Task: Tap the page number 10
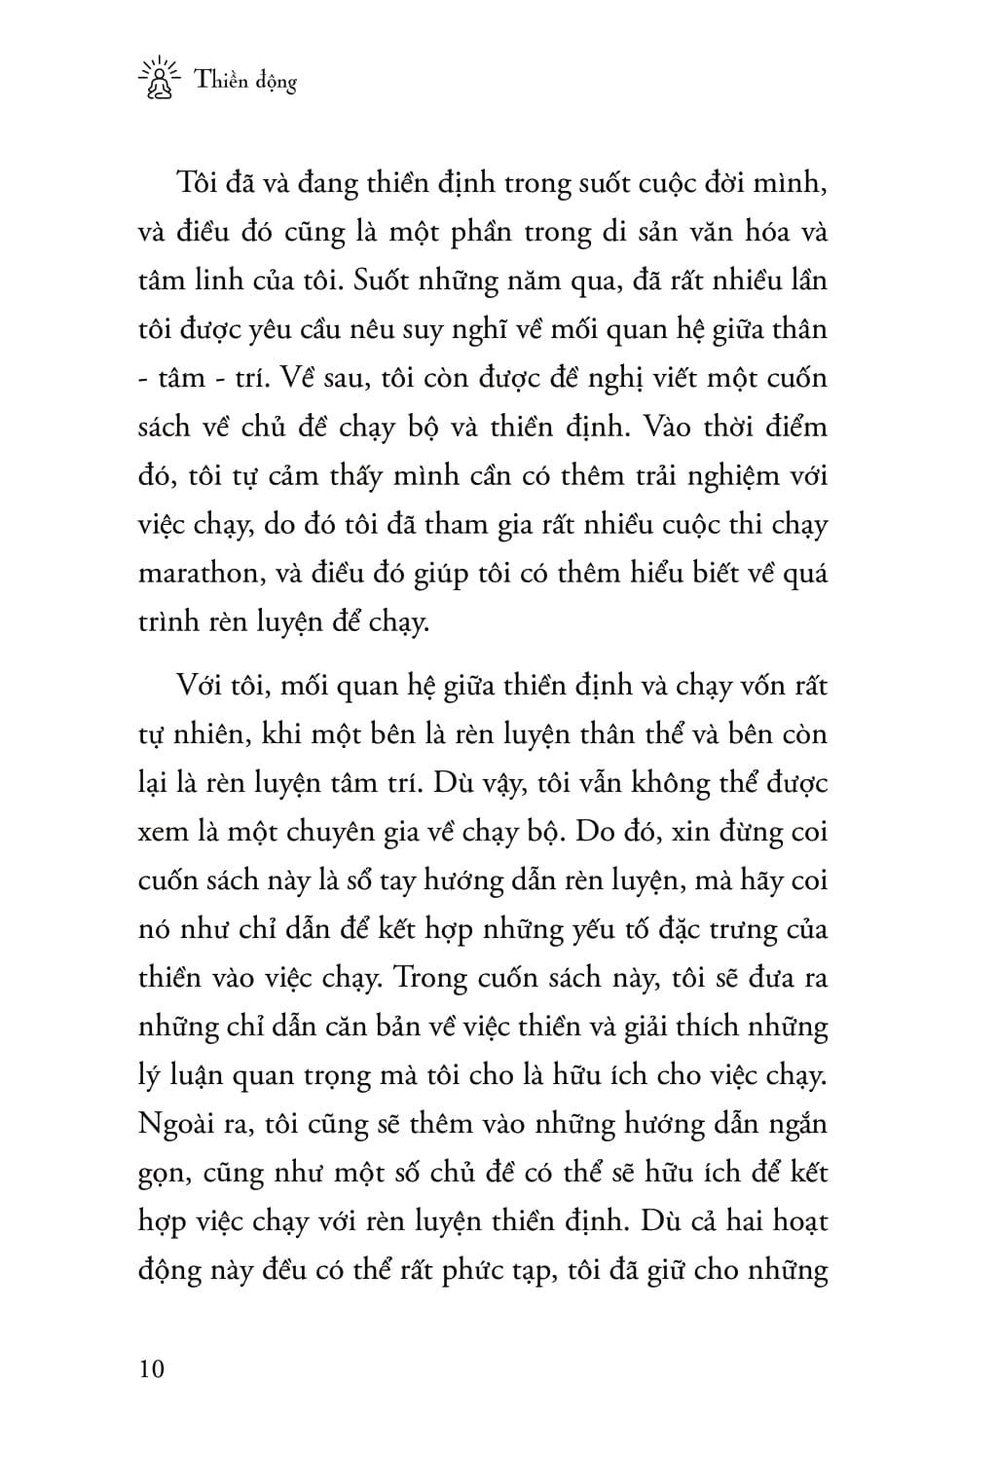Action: (x=152, y=1368)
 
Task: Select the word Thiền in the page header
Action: (x=219, y=81)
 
